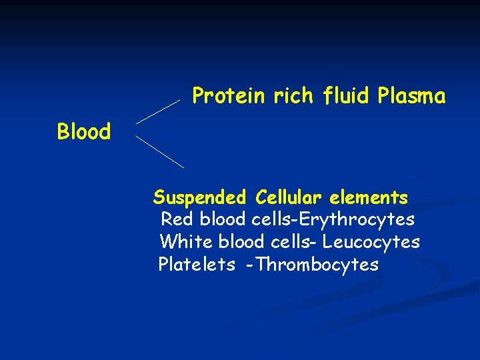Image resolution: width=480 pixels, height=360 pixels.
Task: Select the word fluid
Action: click(345, 97)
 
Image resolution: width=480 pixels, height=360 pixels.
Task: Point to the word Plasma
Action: click(411, 97)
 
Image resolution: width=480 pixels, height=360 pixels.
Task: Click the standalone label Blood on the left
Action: click(84, 132)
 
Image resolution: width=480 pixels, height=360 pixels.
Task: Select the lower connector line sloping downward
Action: click(160, 151)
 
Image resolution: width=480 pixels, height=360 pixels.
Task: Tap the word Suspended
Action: click(199, 198)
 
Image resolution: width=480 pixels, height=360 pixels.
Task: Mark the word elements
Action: click(367, 198)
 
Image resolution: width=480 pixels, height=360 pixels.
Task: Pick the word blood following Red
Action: click(224, 219)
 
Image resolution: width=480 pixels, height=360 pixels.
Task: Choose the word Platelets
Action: click(196, 265)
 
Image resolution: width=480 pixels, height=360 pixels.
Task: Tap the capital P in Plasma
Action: click(383, 97)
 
